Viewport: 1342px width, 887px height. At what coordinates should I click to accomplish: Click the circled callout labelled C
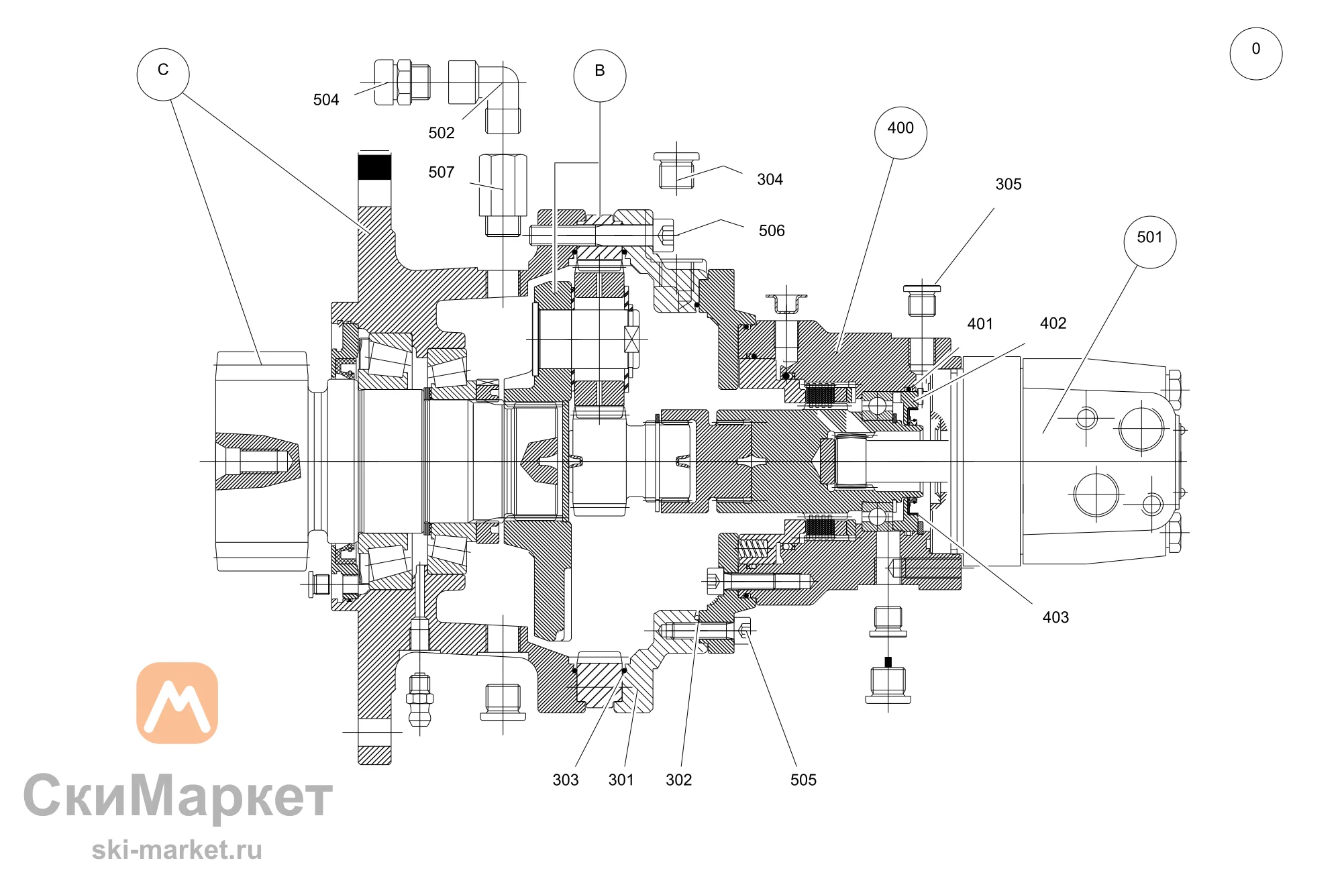pos(163,74)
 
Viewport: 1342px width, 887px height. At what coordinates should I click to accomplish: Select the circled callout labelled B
pos(600,76)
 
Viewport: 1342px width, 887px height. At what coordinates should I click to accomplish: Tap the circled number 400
pos(900,133)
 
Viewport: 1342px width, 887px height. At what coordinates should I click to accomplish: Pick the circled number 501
pos(1150,242)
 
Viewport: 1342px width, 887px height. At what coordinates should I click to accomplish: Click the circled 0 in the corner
pos(1256,54)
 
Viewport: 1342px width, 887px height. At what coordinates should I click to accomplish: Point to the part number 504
pos(326,100)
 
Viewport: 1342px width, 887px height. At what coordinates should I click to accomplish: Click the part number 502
pos(442,133)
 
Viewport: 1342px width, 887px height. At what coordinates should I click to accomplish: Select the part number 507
pos(442,172)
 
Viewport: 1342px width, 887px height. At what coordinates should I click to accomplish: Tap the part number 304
pos(770,180)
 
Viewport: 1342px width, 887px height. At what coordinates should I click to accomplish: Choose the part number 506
pos(772,231)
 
